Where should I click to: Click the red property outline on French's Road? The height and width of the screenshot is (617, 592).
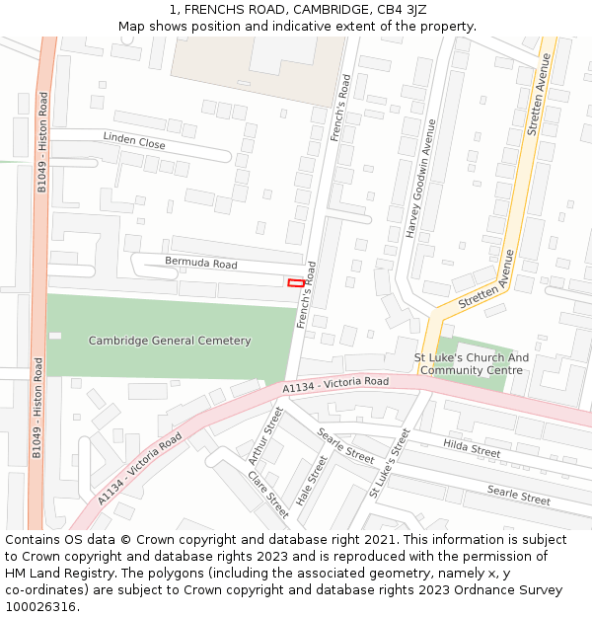295,283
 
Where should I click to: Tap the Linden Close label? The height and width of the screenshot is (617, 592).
134,141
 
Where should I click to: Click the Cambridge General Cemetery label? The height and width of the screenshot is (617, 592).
170,341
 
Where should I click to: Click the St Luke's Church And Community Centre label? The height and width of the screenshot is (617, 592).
471,364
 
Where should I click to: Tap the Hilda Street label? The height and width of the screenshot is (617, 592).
472,448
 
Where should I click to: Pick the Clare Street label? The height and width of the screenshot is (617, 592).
268,494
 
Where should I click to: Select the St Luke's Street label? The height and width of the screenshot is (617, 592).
389,462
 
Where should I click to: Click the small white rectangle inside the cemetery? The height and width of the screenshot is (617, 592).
55,336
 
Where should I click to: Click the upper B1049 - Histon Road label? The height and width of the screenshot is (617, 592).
42,142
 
